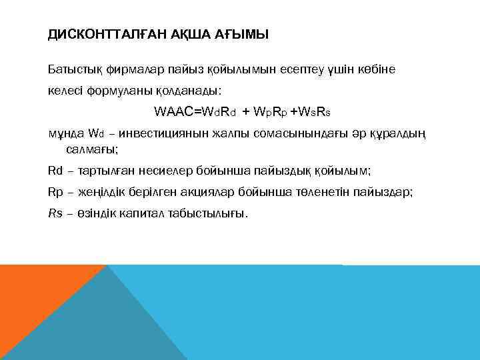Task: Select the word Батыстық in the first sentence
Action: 73,69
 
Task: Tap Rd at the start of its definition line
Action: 55,171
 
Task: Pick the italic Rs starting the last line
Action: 55,213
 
